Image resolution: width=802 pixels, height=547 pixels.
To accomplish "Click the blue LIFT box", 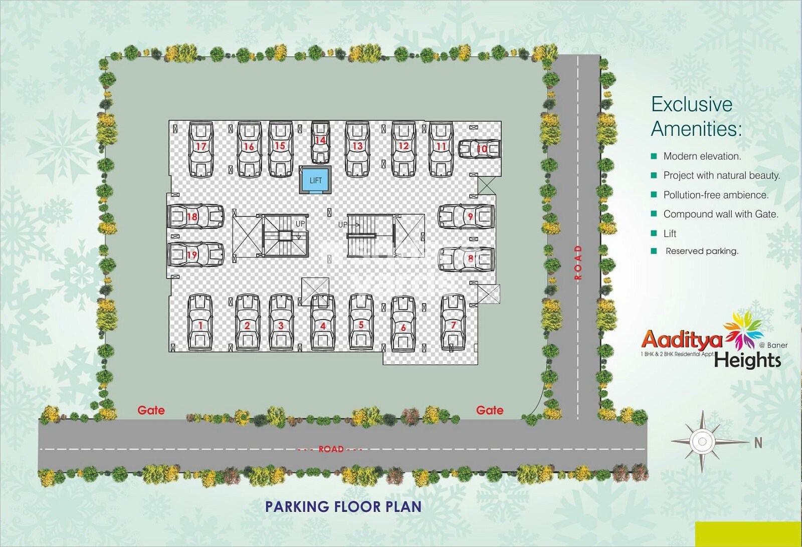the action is tap(315, 180).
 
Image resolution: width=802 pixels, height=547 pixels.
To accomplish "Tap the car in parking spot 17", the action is tap(201, 149).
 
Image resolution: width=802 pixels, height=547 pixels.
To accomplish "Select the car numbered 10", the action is tap(480, 149).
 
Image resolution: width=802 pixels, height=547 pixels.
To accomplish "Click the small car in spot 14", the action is tap(320, 142).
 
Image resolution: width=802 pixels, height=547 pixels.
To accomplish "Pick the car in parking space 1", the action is tap(200, 322).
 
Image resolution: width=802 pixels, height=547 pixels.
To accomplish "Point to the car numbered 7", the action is tap(453, 322).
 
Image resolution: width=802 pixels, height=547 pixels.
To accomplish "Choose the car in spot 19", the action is tap(195, 254).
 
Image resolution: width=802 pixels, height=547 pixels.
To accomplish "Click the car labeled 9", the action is tap(466, 216).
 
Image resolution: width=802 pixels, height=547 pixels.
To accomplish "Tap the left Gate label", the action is tap(151, 410).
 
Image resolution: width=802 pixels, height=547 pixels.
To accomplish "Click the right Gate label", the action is tap(490, 410).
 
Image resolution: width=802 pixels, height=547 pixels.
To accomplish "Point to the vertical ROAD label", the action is tap(578, 262).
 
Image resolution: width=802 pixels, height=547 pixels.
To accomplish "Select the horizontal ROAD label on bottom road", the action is tap(331, 449).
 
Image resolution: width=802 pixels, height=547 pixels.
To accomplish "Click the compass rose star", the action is tap(702, 441).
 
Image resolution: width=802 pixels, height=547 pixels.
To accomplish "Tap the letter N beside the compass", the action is tap(758, 443).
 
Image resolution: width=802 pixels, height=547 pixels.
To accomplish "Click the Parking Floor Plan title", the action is tap(343, 506).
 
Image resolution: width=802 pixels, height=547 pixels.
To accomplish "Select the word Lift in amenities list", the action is tap(670, 233).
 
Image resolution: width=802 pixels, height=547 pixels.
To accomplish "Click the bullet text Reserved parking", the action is tap(702, 251).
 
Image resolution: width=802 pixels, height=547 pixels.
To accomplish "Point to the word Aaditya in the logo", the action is tap(682, 340).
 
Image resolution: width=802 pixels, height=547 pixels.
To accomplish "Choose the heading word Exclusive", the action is tap(692, 104).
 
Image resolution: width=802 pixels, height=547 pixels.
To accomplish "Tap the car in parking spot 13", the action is tap(357, 149).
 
